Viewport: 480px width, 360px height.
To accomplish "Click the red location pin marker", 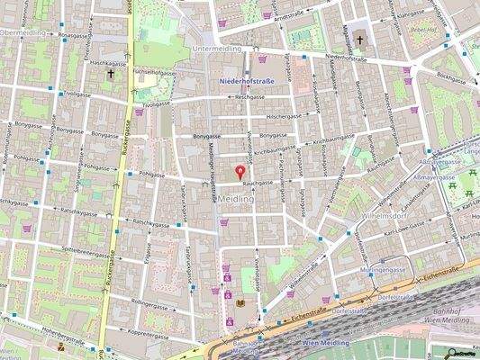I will click(240, 170).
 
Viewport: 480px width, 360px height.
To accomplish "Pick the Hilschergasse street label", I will click(284, 116).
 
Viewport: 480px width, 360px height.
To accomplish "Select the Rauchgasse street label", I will click(258, 182).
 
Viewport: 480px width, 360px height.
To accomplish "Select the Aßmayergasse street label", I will click(442, 177).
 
